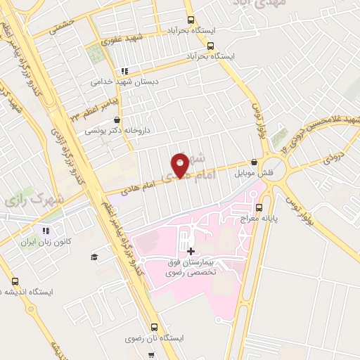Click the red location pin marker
click(x=181, y=165)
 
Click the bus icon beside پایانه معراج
click(x=259, y=207)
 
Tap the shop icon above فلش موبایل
click(x=254, y=161)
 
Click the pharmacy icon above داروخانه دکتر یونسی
click(x=126, y=120)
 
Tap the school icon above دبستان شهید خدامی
click(x=124, y=71)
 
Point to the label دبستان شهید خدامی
click(x=124, y=82)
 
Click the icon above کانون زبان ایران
click(x=46, y=230)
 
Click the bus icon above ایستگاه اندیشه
click(x=15, y=281)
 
